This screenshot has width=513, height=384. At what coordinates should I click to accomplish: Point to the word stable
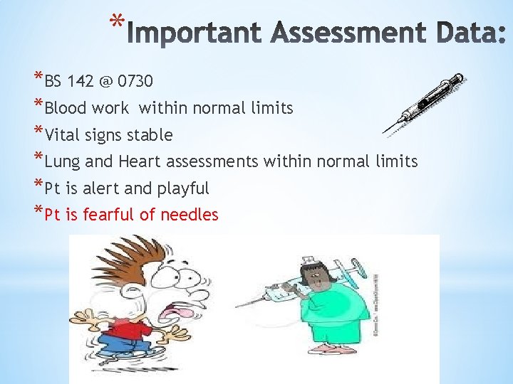pos(150,135)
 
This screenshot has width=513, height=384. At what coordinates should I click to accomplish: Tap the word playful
pos(182,188)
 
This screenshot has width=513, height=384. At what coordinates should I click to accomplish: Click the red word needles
pos(189,215)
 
